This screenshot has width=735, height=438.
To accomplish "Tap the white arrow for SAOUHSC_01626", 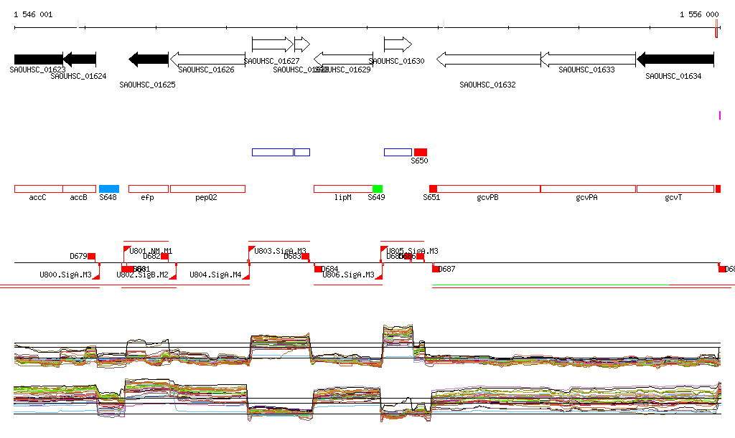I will pos(207,59).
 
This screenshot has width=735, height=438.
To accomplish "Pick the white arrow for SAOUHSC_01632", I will pos(488,59).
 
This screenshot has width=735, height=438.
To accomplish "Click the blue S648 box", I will pos(108,189).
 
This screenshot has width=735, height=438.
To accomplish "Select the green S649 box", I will pos(378,189).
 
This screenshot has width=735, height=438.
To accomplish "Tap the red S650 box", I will pos(421,152).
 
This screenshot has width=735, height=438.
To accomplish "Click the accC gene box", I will pos(39,189).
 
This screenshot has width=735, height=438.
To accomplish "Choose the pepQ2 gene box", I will pos(207,189).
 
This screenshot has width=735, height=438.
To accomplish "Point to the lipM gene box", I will pos(343,189).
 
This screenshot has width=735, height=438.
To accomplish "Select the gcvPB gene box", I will pos(488,189).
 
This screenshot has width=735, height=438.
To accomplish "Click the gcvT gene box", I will pos(675,189).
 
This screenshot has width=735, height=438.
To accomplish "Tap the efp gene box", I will pos(149,189).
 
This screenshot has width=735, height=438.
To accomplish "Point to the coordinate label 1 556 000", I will pos(699,14).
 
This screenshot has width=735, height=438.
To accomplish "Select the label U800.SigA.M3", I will pos(65,275).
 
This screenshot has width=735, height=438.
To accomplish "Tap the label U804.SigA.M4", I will pos(215,275).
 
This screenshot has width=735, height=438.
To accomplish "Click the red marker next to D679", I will pos(91,256).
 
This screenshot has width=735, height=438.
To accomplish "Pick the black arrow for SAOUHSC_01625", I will pos(148,59).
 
